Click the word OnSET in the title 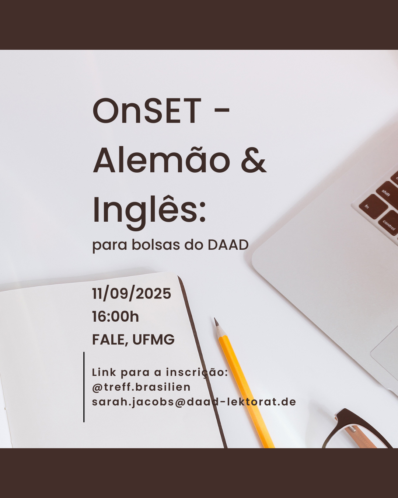[x=147, y=110]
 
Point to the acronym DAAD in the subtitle [x=228, y=245]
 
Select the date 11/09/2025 [x=132, y=294]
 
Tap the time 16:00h [x=115, y=317]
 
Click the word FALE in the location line [x=109, y=339]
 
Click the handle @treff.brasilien [x=141, y=387]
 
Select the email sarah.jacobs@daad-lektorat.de [x=194, y=402]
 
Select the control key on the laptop [x=389, y=224]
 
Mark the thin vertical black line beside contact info [x=84, y=387]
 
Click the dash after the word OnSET [x=222, y=110]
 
